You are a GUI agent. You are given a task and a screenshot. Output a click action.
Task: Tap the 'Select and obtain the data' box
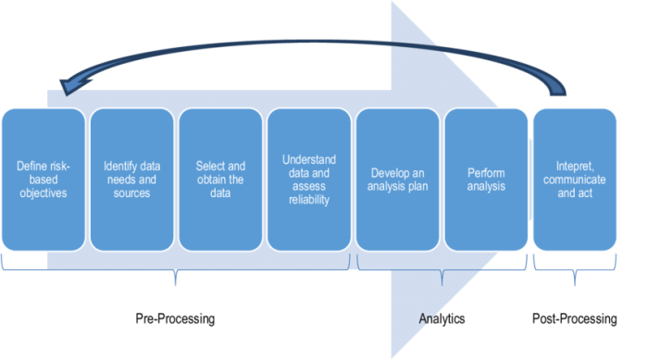click(219, 180)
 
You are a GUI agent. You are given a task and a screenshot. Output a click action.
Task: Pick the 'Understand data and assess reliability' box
click(308, 180)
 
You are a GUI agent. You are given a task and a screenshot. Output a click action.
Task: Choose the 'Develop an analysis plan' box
click(397, 180)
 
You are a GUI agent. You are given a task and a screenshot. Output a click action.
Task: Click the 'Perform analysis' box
click(486, 180)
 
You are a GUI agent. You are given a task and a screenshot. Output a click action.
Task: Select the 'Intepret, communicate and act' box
click(575, 180)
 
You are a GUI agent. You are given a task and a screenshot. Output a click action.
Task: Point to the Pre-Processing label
click(176, 318)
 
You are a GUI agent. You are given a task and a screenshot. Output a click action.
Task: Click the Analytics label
click(442, 318)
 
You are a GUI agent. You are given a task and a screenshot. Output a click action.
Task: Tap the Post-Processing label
click(575, 318)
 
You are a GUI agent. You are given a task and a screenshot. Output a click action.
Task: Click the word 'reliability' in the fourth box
click(308, 200)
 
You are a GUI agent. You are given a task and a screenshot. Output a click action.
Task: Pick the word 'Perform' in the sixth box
click(486, 173)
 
